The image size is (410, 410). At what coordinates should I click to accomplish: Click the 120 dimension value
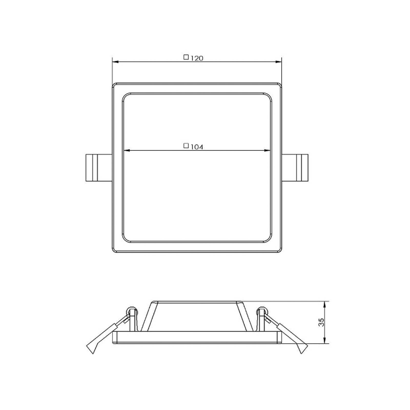click(x=197, y=58)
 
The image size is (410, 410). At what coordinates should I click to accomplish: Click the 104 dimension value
click(x=197, y=147)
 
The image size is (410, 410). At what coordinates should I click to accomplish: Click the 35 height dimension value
click(x=321, y=322)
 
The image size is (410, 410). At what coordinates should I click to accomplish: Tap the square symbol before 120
click(x=186, y=57)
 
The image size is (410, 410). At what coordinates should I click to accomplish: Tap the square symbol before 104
click(x=186, y=146)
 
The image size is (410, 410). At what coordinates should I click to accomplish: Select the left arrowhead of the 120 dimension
click(x=116, y=62)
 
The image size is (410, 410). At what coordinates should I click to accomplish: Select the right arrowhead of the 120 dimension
click(x=278, y=62)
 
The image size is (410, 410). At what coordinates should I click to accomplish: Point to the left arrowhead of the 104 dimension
click(x=127, y=150)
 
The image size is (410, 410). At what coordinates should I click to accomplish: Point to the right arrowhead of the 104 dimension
click(x=267, y=150)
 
